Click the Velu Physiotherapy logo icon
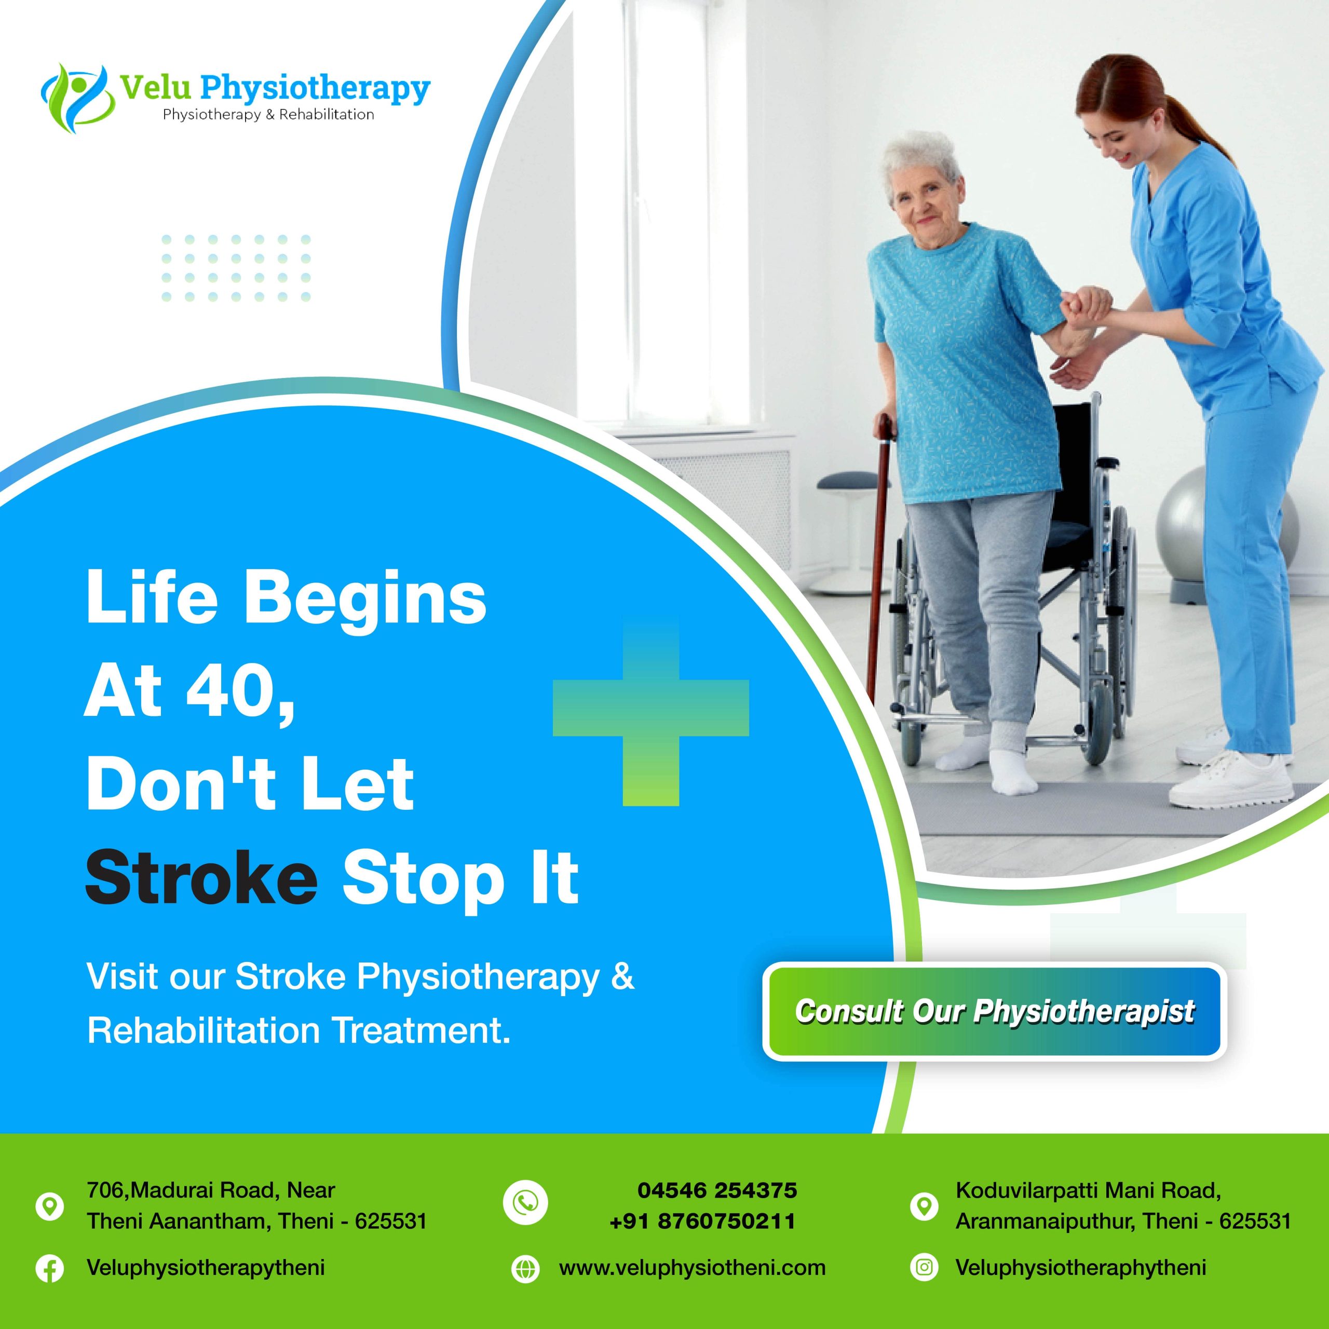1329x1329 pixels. point(76,98)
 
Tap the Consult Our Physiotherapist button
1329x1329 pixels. point(994,1011)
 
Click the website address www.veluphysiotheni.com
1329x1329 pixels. point(692,1268)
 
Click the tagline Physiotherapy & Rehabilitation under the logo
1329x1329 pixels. point(268,115)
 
